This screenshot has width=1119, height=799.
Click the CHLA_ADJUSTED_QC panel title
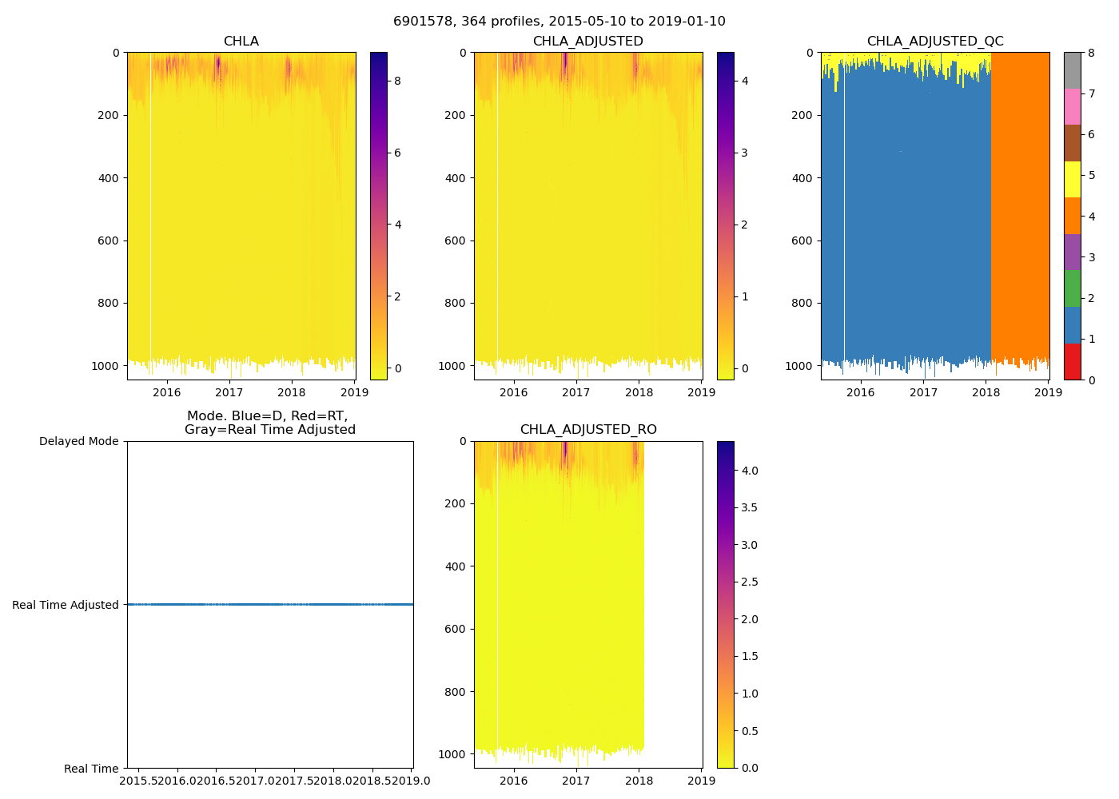coord(935,42)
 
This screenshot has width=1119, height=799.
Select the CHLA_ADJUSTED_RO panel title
coord(588,430)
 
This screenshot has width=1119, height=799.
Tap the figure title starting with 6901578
coord(559,22)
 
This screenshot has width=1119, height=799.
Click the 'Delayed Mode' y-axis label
coord(78,442)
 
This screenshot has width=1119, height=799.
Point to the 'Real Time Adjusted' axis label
coord(65,605)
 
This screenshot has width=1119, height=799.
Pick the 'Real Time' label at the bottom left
coord(91,769)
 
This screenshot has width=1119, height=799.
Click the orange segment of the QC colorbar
coord(1072,216)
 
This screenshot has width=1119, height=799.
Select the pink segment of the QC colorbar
coord(1072,106)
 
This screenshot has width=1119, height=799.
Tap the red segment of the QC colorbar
coord(1072,361)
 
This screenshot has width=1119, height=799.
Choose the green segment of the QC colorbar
coord(1072,288)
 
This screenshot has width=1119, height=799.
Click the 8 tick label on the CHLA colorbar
coord(397,81)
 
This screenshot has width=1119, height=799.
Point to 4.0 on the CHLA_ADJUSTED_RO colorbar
coord(750,471)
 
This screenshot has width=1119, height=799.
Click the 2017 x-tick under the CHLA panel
coord(229,392)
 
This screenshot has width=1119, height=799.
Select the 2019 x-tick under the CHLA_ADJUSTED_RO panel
coord(702,781)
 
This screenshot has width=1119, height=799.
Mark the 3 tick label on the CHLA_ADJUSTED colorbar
coord(744,153)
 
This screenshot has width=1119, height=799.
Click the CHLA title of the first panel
coord(241,42)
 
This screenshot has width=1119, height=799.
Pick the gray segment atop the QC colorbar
coord(1072,70)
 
